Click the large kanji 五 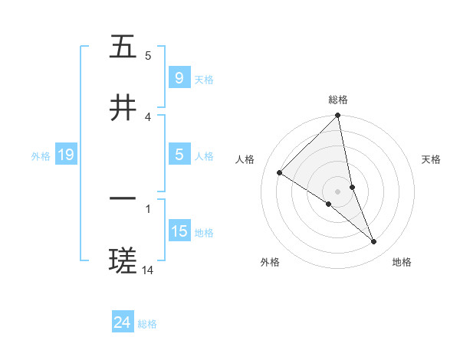123,47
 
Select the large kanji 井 123,108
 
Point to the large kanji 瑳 123,260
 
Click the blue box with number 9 179,77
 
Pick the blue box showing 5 179,155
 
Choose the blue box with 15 179,231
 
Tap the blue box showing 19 66,155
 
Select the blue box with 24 123,322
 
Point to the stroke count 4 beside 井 148,116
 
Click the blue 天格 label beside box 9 204,79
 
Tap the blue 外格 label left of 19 41,156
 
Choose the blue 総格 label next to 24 147,324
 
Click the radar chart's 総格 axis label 338,100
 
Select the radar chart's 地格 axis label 402,262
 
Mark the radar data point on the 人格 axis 280,173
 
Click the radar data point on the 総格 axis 338,116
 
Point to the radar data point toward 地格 374,242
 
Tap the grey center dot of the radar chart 338,191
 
